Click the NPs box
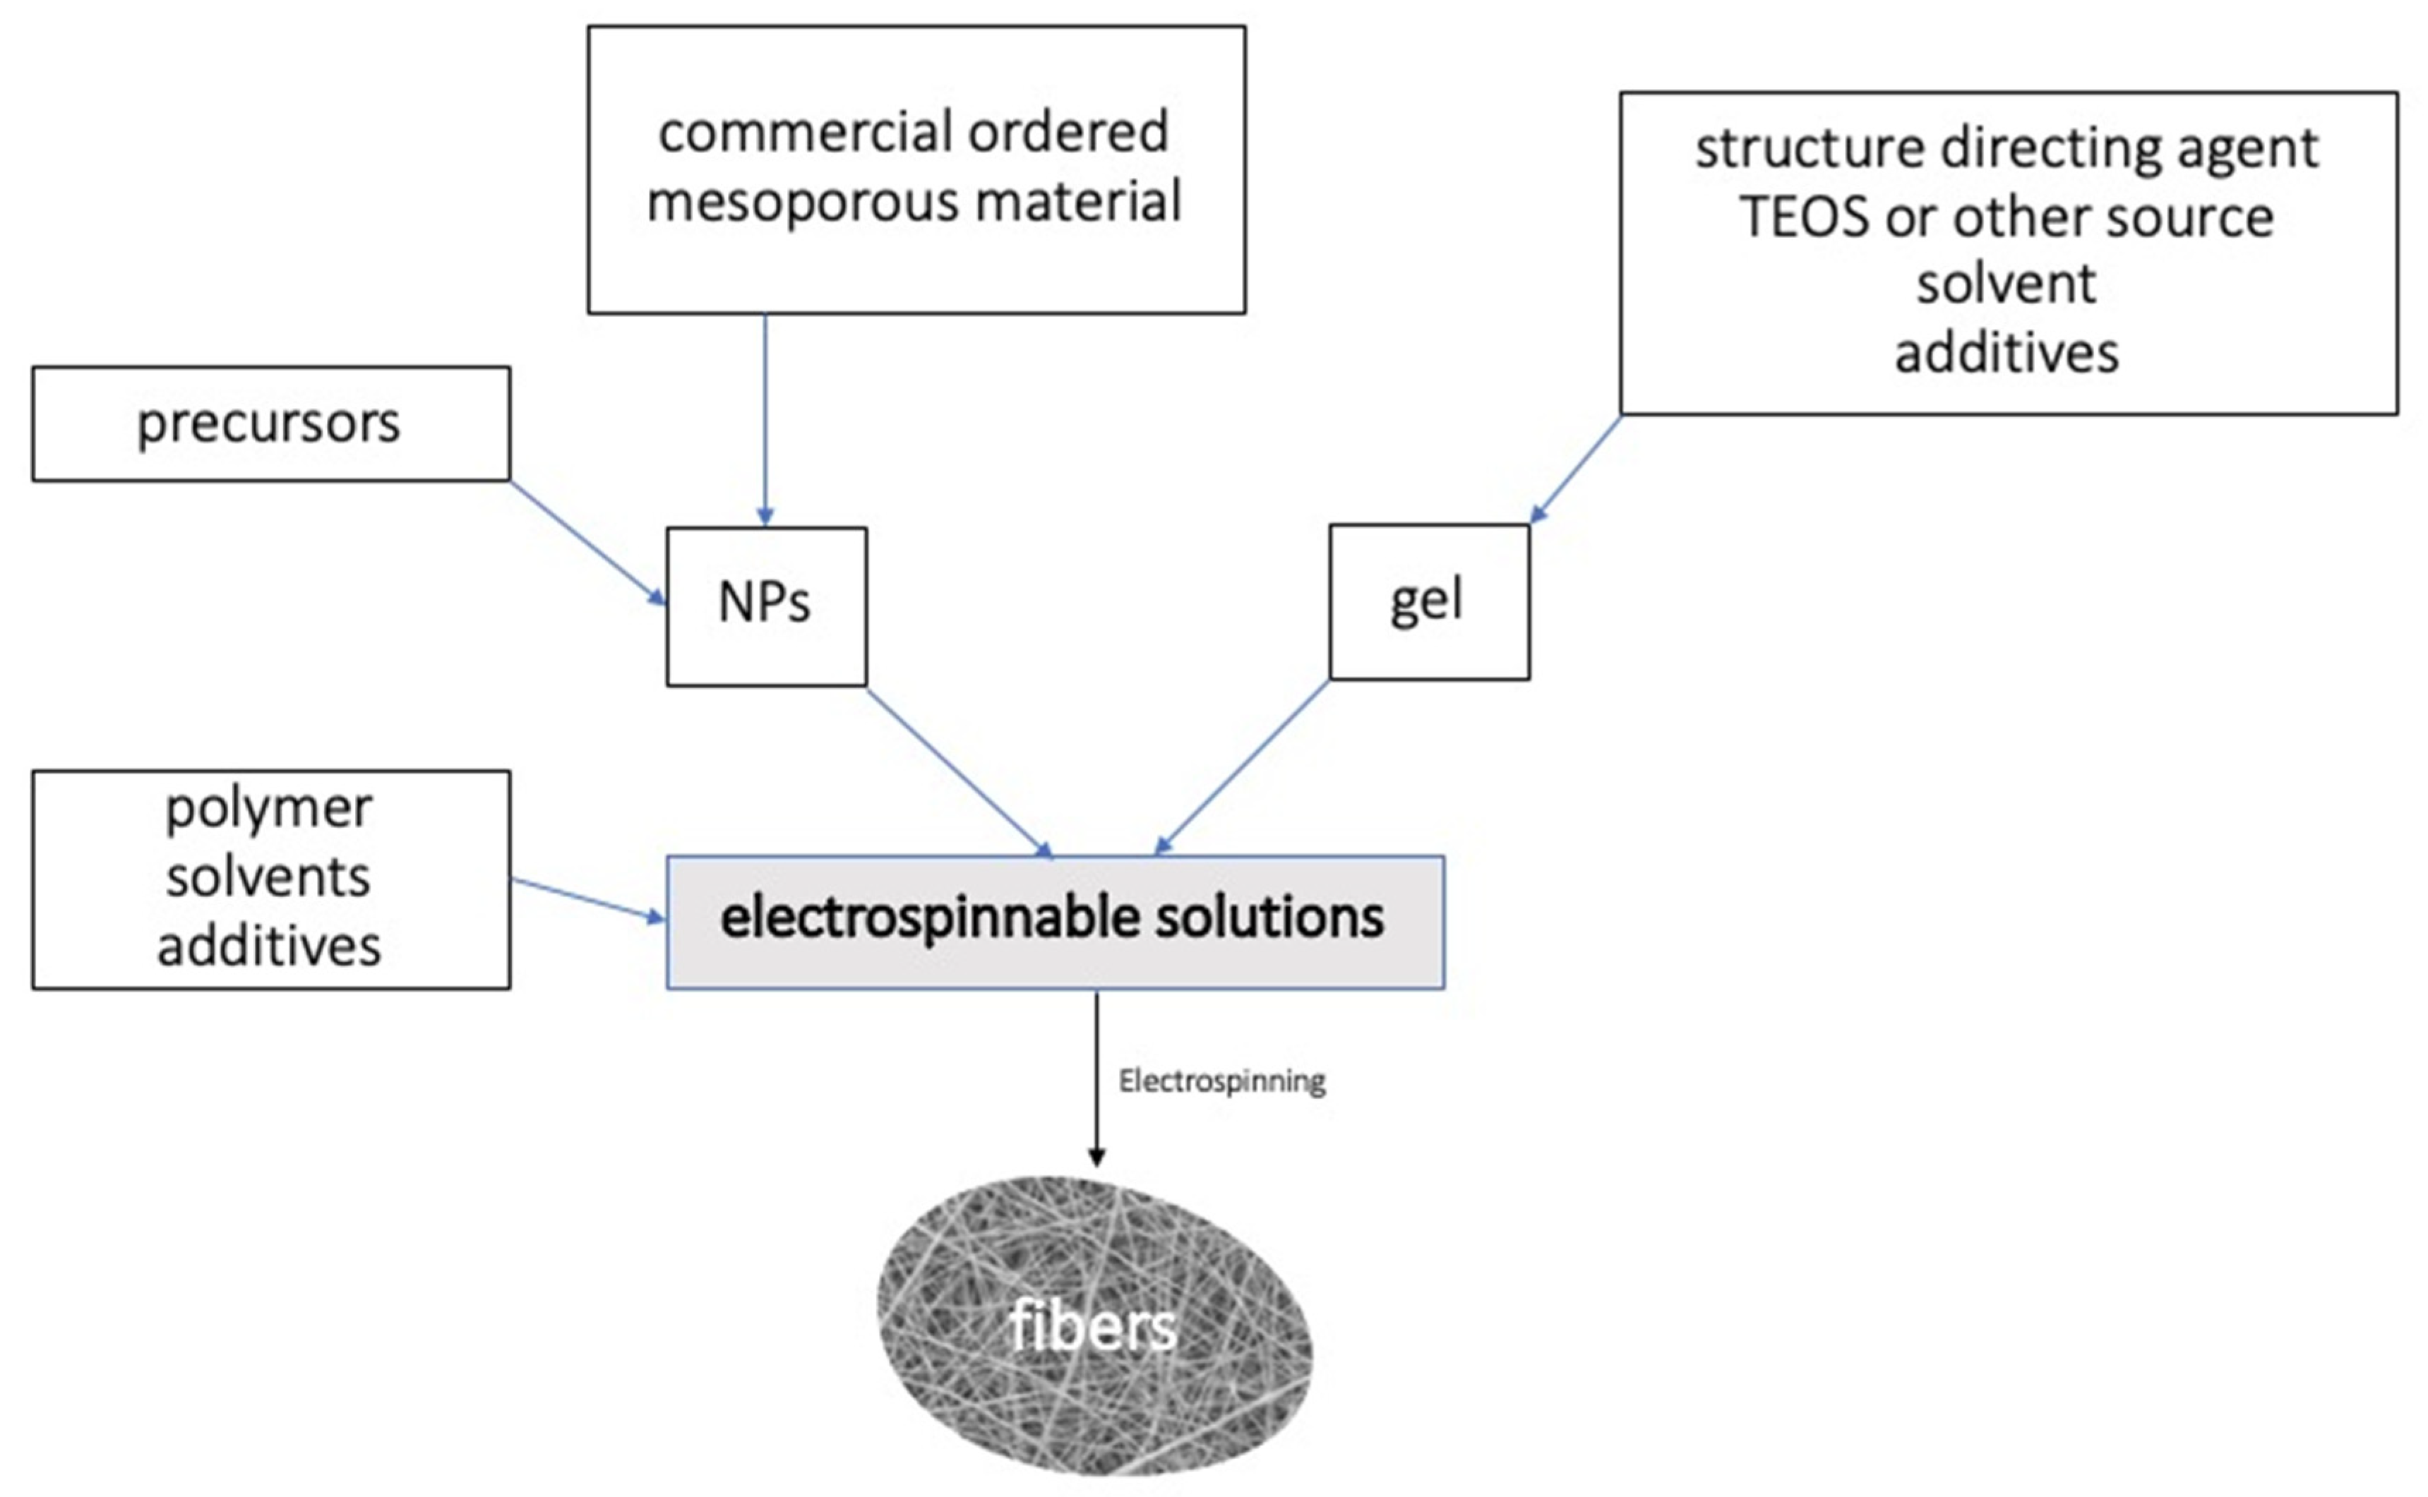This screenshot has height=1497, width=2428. click(765, 605)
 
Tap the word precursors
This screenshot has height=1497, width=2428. click(268, 423)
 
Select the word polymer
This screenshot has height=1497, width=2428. click(268, 808)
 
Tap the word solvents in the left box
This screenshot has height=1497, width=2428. click(268, 877)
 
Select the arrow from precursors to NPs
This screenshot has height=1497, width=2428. click(587, 543)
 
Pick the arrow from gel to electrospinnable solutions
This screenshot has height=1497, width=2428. click(1242, 767)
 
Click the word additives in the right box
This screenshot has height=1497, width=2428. click(2007, 354)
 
